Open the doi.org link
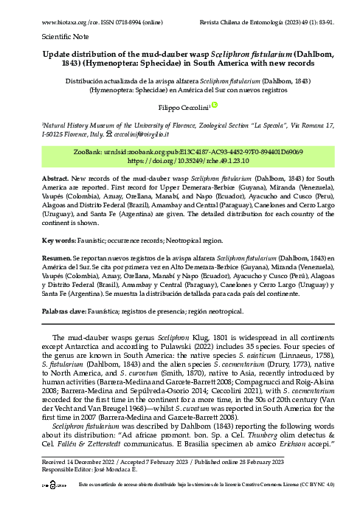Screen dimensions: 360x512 tap(180, 159)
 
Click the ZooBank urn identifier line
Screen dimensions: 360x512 tap(180, 151)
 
